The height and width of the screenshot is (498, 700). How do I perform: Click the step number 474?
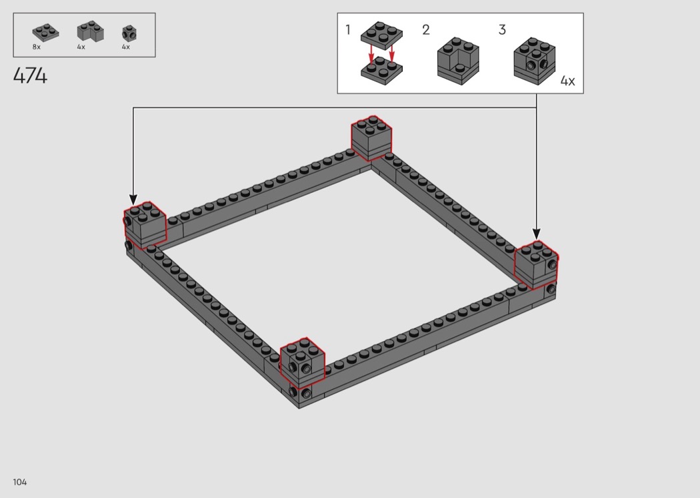coord(30,75)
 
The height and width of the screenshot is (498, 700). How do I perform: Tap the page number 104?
coord(19,482)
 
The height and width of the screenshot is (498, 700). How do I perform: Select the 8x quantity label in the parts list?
coord(37,47)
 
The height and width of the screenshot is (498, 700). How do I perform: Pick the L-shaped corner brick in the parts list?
coord(90,31)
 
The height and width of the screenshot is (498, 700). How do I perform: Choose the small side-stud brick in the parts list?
coord(129,33)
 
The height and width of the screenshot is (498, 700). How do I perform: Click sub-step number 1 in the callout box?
coord(348,30)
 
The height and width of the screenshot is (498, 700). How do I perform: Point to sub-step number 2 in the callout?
coord(426,30)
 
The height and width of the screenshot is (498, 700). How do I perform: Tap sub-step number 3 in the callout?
coord(502,30)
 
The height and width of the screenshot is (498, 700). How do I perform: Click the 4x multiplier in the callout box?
coord(567,81)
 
